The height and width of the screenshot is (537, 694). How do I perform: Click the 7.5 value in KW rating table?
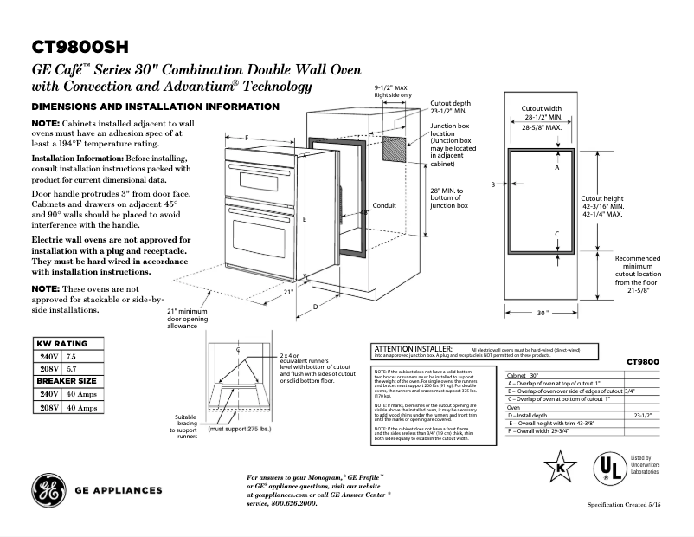coord(72,356)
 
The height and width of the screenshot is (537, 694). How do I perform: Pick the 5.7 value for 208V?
coord(72,368)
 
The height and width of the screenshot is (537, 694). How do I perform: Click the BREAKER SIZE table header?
coord(65,380)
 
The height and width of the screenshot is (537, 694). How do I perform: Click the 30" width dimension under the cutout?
coord(542,312)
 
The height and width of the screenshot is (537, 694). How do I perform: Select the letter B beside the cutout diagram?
coord(492,184)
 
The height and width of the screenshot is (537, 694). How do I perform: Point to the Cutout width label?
coord(543,109)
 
